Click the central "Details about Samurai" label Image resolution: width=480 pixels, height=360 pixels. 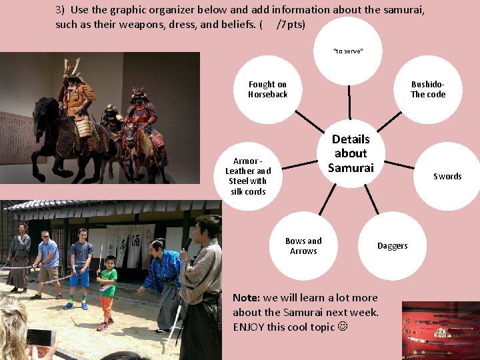click(351, 153)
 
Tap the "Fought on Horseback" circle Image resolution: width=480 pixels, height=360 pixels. click(268, 89)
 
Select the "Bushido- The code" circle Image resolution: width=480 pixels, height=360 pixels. click(428, 89)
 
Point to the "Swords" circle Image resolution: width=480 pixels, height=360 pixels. click(447, 177)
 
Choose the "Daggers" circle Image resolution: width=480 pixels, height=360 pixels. click(392, 246)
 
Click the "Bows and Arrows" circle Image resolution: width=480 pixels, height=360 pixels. click(303, 246)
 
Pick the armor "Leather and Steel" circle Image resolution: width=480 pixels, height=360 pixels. click(248, 177)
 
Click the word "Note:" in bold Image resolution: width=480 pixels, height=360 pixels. click(246, 298)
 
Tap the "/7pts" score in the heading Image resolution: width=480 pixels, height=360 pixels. click(291, 25)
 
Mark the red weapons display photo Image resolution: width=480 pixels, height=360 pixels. click(440, 331)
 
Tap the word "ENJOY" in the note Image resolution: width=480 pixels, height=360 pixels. click(249, 327)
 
